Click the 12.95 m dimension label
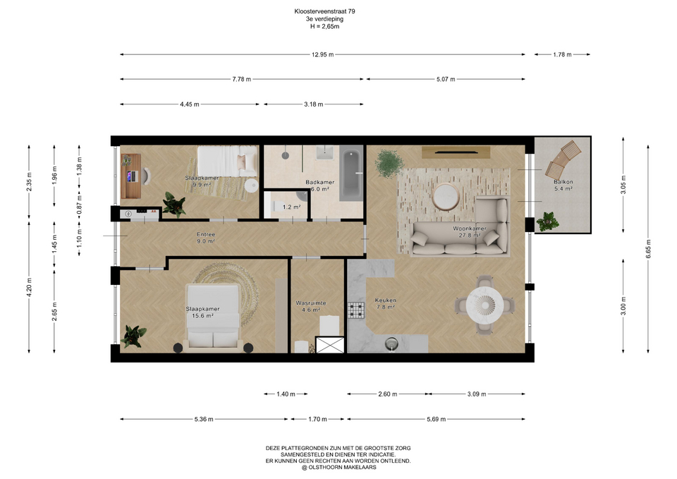tap(322, 54)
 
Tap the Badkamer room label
tap(320, 182)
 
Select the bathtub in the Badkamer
tap(351, 174)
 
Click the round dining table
tap(485, 305)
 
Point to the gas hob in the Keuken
tap(356, 310)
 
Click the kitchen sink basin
tap(391, 344)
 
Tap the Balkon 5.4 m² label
tap(563, 186)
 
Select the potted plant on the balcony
tap(547, 221)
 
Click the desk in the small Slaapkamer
tap(131, 176)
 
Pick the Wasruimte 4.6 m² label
tap(311, 306)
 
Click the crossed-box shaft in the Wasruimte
tap(330, 345)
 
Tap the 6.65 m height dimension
tap(648, 249)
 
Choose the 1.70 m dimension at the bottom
tap(317, 419)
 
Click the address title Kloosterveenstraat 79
tap(324, 12)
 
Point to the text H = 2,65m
tap(324, 26)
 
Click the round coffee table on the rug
tap(446, 197)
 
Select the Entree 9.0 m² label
tap(206, 238)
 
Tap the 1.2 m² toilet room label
tap(291, 207)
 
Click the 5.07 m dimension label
tap(446, 79)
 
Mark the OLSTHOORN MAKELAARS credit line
tap(338, 467)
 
